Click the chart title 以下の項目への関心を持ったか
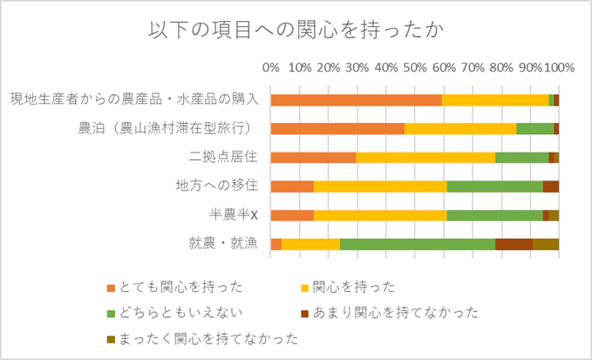tap(296, 29)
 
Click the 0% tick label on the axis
tap(271, 68)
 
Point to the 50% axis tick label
tap(415, 68)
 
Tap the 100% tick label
tap(558, 68)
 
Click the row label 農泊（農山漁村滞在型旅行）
tap(166, 129)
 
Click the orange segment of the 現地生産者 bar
tap(356, 100)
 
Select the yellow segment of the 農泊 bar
tap(460, 129)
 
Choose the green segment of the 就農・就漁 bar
tap(418, 244)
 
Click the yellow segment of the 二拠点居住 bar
tap(425, 158)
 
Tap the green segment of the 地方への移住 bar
tap(494, 187)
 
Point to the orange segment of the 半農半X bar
tap(292, 215)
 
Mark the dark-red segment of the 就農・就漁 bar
tap(514, 244)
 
